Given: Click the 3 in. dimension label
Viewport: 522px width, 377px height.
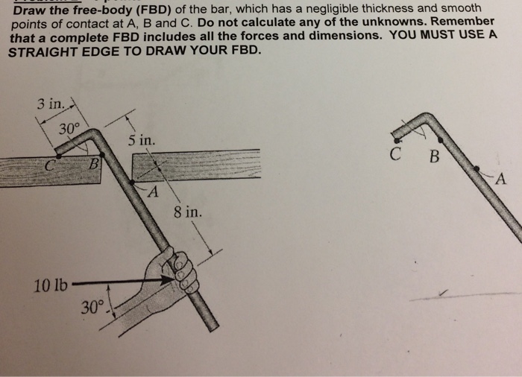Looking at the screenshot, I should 50,104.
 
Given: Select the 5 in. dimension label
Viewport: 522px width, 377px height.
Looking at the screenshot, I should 142,139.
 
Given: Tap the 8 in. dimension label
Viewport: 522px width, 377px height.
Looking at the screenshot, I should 186,212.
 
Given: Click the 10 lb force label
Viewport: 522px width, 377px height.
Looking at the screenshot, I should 50,284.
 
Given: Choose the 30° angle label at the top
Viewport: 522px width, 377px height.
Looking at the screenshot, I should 68,128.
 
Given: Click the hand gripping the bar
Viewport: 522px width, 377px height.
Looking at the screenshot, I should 179,272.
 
